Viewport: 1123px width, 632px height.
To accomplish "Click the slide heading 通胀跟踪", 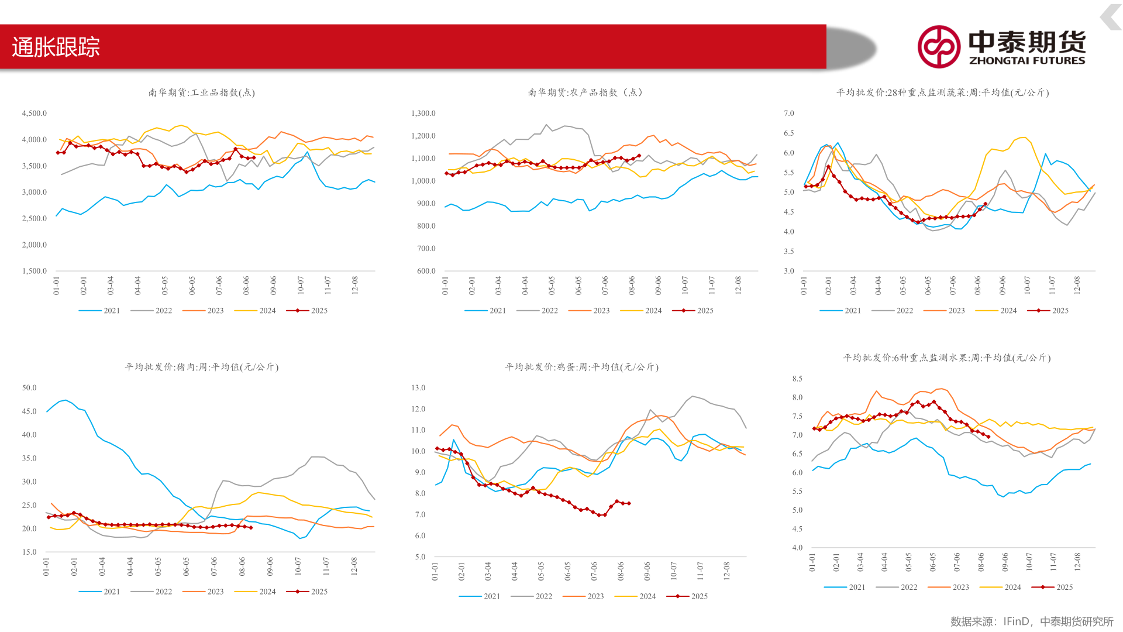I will pyautogui.click(x=56, y=47).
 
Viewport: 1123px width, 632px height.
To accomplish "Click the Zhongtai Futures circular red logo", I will pyautogui.click(x=938, y=47).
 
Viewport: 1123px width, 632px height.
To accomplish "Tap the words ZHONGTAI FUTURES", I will pyautogui.click(x=1026, y=61).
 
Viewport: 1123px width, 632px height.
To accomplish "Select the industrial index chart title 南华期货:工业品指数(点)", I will pyautogui.click(x=201, y=92).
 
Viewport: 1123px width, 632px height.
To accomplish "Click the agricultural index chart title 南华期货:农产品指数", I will pyautogui.click(x=585, y=92).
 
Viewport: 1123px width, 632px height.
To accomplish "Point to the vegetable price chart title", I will pyautogui.click(x=942, y=92).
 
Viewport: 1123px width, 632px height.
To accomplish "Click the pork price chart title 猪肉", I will pyautogui.click(x=201, y=367).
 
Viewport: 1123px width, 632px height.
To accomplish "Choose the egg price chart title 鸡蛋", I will pyautogui.click(x=581, y=367).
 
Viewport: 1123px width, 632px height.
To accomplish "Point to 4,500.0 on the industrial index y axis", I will pyautogui.click(x=34, y=114).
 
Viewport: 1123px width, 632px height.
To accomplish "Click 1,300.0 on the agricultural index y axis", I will pyautogui.click(x=423, y=114).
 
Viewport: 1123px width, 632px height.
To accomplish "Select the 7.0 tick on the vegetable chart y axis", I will pyautogui.click(x=788, y=114).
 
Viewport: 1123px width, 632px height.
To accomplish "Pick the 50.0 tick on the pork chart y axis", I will pyautogui.click(x=29, y=388).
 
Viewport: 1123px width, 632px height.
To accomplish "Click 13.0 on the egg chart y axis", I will pyautogui.click(x=418, y=388).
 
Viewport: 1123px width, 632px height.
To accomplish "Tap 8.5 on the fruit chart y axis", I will pyautogui.click(x=797, y=379).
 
